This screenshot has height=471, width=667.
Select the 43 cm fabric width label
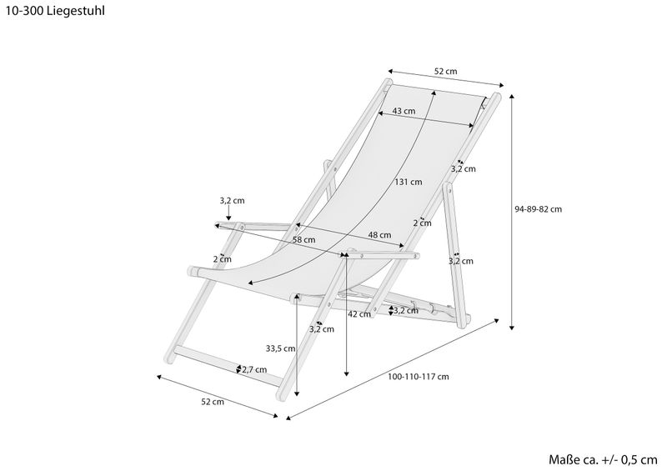(404, 111)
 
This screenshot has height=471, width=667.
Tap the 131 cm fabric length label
(409, 182)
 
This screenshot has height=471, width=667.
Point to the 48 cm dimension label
(379, 235)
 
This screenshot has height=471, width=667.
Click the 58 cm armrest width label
(303, 240)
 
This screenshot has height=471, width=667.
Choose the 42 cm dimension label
(359, 314)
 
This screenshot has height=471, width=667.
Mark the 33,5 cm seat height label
(279, 348)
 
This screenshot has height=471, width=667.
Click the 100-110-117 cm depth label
(419, 377)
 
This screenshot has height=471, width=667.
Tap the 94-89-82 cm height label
(539, 209)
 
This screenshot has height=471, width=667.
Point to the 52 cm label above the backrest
(446, 72)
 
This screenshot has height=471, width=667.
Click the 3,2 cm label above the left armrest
(232, 201)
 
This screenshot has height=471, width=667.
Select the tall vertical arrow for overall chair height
(512, 208)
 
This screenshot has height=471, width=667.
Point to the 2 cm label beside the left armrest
(222, 259)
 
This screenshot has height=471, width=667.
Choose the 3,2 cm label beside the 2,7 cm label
(322, 328)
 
